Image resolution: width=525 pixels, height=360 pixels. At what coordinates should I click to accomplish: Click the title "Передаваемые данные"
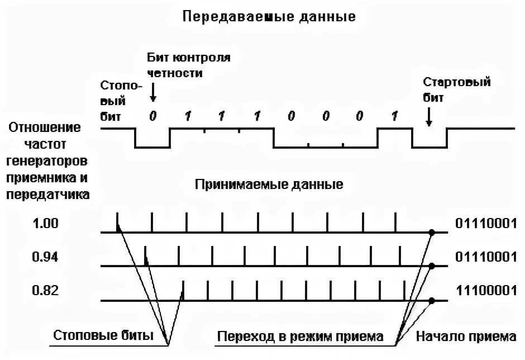[x=269, y=16]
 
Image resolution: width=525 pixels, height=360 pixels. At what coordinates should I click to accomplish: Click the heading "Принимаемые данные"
[x=269, y=184]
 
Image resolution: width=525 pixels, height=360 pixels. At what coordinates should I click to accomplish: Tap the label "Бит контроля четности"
[x=189, y=65]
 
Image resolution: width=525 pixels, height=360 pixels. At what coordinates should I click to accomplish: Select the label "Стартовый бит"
[x=456, y=89]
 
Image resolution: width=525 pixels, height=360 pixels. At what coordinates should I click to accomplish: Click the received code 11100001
[x=485, y=291]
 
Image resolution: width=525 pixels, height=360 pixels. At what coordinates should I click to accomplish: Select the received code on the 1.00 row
[x=485, y=224]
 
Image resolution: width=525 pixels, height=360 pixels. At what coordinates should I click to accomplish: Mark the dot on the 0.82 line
[x=431, y=301]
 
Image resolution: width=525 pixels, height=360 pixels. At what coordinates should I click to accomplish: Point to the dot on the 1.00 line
[x=431, y=232]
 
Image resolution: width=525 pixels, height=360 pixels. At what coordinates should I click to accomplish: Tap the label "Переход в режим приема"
[x=300, y=337]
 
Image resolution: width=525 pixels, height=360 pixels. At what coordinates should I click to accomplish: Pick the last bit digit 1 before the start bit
[x=394, y=116]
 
